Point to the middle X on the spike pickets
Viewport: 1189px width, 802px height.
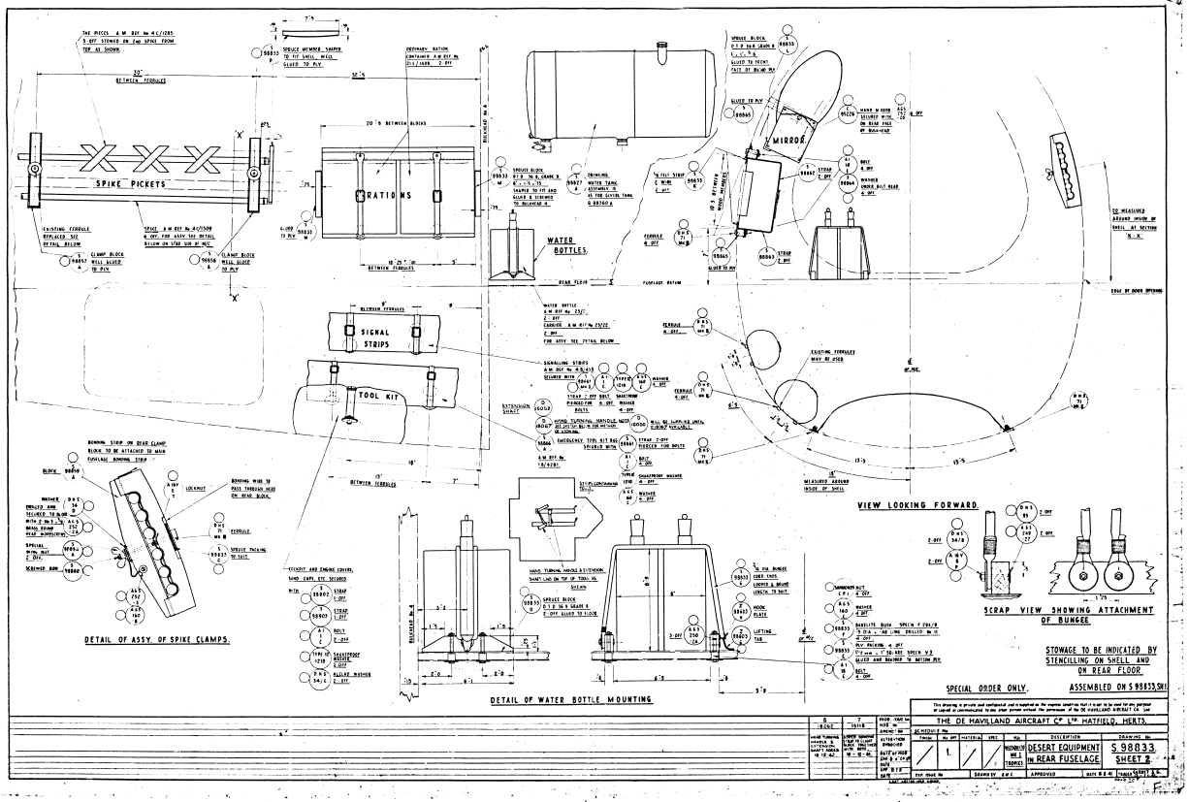(x=145, y=156)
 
